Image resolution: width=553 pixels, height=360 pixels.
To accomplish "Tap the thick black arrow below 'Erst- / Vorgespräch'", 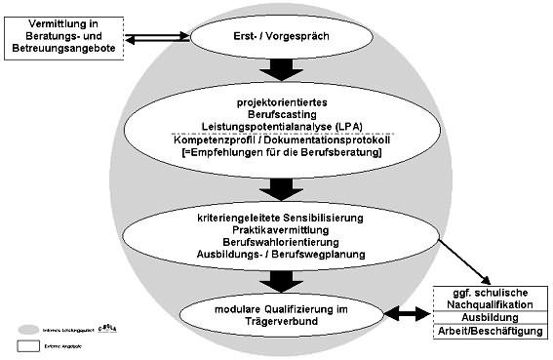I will tap(280, 67).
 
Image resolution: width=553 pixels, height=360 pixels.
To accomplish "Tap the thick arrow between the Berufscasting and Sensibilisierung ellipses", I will tap(280, 187).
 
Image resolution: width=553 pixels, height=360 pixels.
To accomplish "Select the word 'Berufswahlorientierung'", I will tap(280, 241).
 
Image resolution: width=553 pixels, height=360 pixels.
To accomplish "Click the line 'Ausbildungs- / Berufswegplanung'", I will tap(280, 254).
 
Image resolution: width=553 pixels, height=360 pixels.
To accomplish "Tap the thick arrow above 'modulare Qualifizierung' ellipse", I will tap(280, 279).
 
